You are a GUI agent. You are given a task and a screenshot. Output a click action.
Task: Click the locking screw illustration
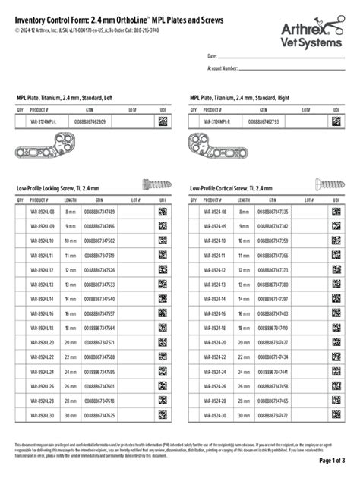pos(155,183)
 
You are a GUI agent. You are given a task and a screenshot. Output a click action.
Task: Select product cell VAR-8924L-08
pos(43,212)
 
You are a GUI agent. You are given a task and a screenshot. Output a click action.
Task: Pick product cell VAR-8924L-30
pos(43,416)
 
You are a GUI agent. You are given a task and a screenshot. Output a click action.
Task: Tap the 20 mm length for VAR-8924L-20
pos(71,343)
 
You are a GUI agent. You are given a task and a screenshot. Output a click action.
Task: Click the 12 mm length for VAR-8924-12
pos(244,270)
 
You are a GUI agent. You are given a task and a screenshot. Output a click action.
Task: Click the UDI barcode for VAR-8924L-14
pos(163,299)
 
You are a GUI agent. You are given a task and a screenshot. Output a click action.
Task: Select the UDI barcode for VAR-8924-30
pos(336,416)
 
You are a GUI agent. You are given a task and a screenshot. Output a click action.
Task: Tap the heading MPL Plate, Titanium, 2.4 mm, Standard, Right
pos(241,97)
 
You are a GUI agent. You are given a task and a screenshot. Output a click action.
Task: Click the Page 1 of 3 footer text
pos(332,461)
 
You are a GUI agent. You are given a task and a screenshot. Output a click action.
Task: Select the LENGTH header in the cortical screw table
pos(244,200)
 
